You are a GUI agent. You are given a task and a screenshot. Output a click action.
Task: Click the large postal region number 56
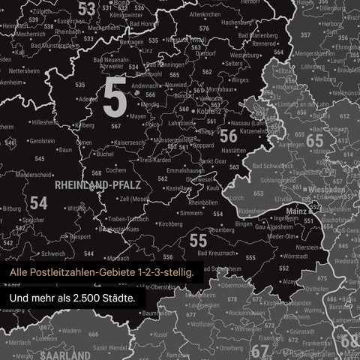[x=228, y=136]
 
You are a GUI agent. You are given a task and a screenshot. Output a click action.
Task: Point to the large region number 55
[x=198, y=241]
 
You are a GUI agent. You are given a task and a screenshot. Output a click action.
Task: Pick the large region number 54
[x=38, y=203]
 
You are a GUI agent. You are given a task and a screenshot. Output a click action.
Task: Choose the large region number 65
[x=314, y=141]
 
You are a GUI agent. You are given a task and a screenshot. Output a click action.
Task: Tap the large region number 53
[x=87, y=8]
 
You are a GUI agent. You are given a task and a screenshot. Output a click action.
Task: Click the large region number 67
[x=259, y=351]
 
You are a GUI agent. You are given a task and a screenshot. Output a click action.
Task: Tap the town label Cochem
[x=106, y=170]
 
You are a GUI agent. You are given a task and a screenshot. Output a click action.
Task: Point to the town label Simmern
[x=191, y=213]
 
